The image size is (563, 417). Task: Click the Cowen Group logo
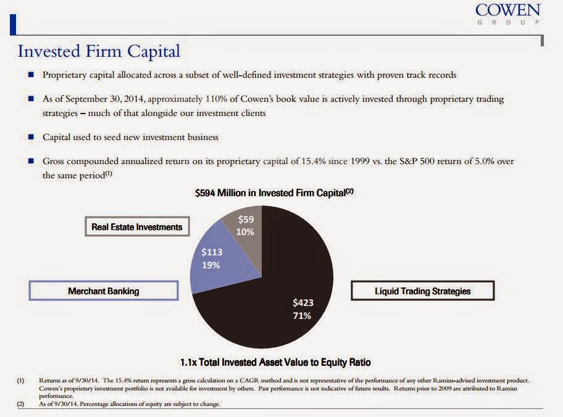(x=507, y=14)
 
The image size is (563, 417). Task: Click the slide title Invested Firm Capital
(x=99, y=50)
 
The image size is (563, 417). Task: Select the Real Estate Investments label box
(x=137, y=227)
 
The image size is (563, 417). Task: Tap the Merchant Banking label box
(x=103, y=291)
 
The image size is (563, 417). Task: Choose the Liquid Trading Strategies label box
(x=422, y=291)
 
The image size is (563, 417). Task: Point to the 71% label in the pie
(x=302, y=316)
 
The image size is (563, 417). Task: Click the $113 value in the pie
(x=212, y=252)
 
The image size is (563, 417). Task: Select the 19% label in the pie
(x=211, y=265)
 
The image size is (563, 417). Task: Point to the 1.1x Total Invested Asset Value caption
(x=275, y=362)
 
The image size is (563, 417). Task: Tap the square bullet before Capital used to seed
(x=30, y=137)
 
